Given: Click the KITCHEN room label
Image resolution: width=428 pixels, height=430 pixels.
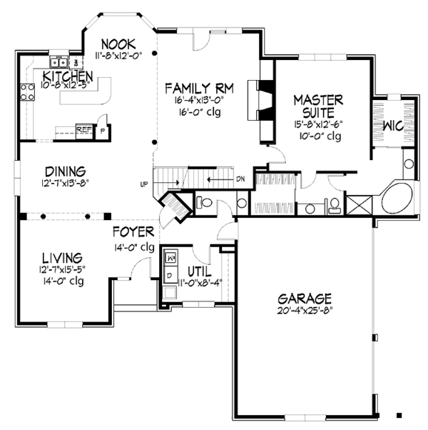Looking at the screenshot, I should point(68,76).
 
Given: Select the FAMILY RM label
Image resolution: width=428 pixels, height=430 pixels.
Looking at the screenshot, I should point(199,88).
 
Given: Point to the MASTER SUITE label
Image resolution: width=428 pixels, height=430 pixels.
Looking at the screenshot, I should point(318,104).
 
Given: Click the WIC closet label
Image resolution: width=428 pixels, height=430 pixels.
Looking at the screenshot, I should point(394,126).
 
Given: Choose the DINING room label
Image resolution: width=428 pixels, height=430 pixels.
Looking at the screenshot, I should point(66,171).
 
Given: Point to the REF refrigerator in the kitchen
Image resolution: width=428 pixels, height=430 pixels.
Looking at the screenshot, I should point(83,130).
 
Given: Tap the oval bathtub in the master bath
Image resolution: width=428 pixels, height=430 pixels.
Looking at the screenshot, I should point(400,196).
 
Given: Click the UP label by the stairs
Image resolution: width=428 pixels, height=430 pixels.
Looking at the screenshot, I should point(144,184).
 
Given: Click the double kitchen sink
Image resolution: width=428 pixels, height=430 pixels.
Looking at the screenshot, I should point(57,62).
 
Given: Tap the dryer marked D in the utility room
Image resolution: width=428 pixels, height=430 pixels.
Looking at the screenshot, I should point(170,274).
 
